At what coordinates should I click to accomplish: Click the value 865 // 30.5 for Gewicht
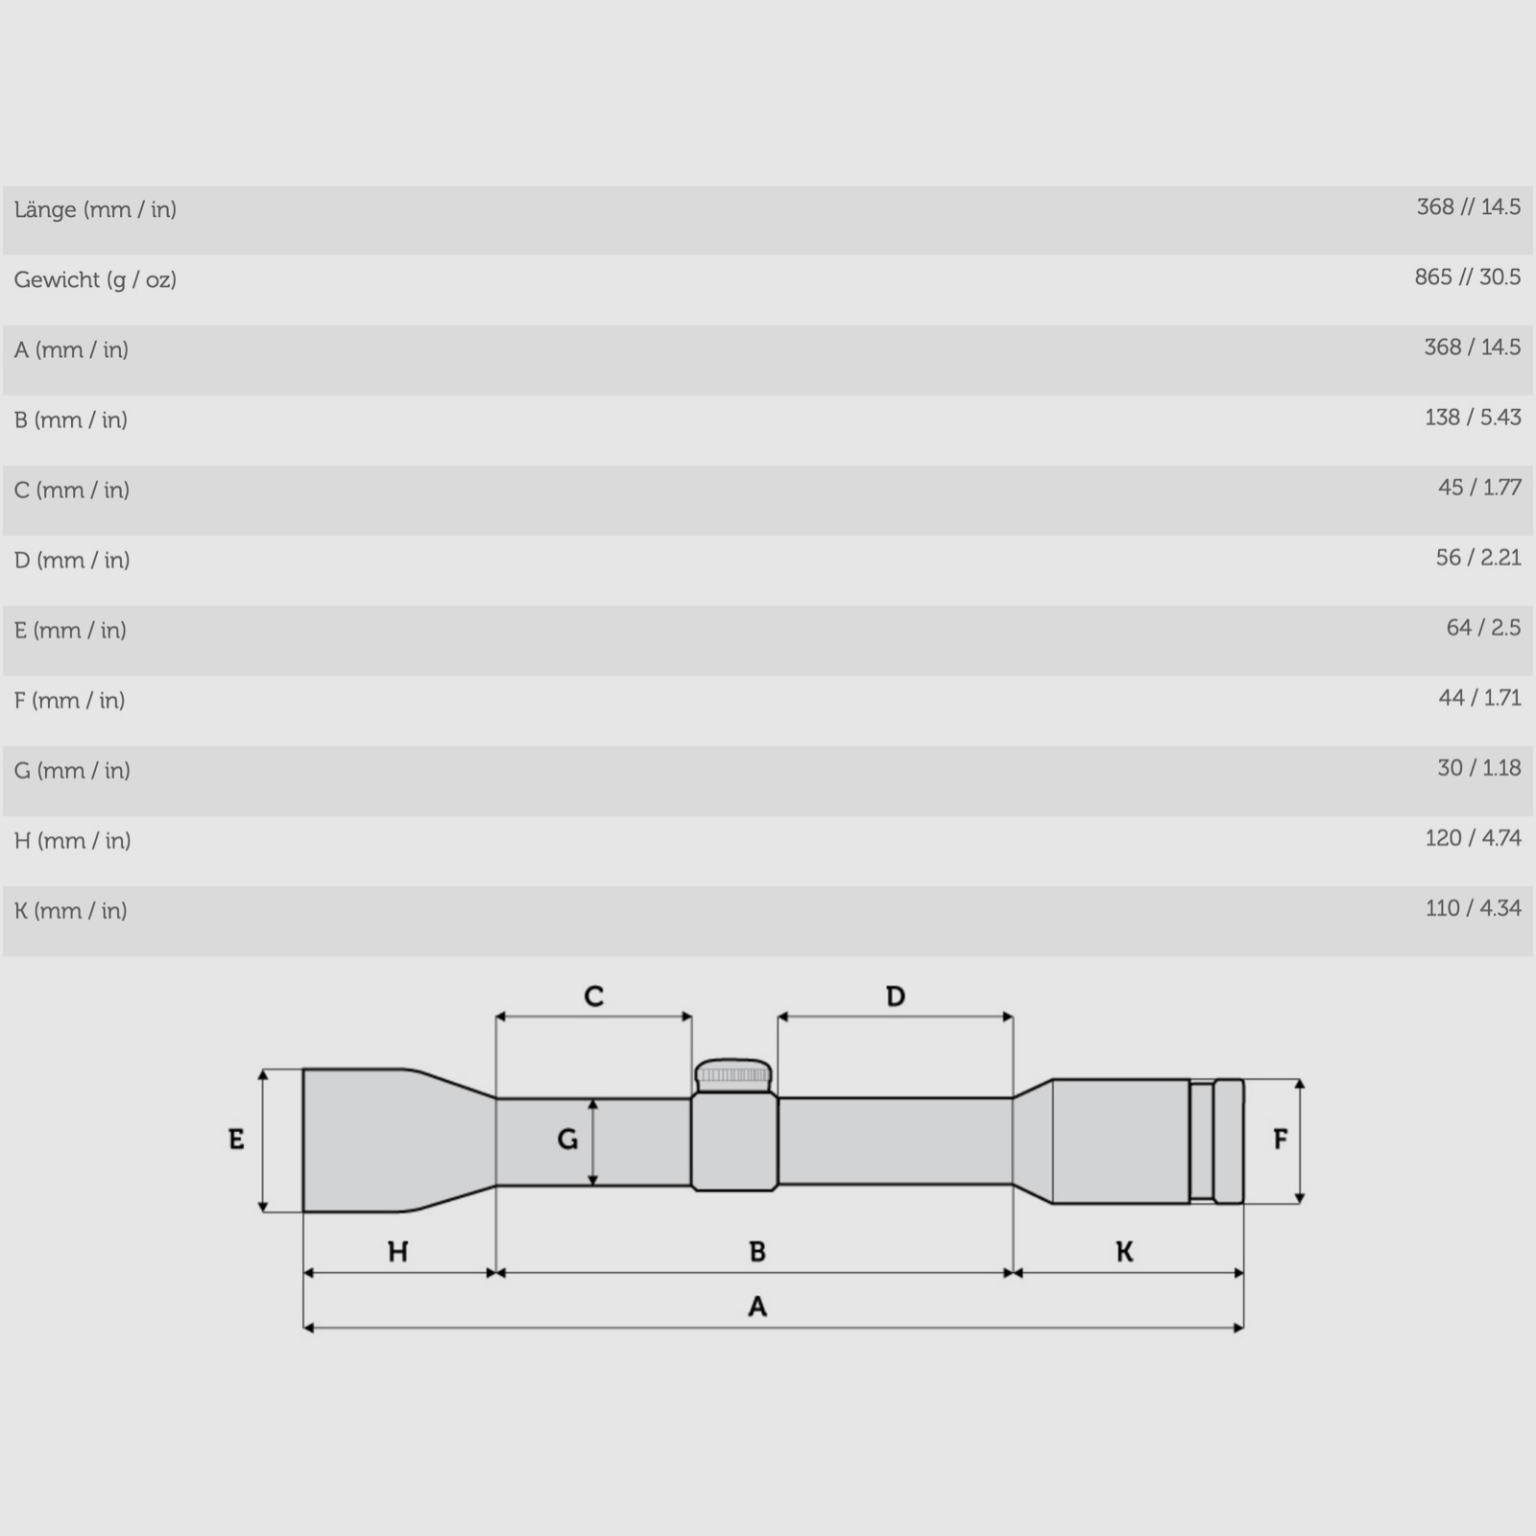click(1467, 277)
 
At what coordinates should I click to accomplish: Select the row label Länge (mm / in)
click(95, 209)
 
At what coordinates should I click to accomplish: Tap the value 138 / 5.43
click(1473, 418)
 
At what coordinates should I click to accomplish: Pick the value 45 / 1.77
click(1479, 488)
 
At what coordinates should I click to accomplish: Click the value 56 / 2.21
click(1478, 558)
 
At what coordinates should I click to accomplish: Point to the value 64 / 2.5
click(1483, 628)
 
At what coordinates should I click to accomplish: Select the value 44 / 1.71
click(1479, 698)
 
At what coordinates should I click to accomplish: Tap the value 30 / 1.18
click(1478, 768)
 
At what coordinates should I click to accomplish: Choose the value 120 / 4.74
click(1473, 838)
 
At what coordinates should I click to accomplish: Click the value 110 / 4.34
click(1473, 908)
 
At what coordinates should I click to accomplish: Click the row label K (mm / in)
click(71, 911)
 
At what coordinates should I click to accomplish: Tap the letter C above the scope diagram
click(594, 996)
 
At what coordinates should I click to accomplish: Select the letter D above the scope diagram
click(896, 996)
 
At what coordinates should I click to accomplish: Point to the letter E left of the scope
click(236, 1140)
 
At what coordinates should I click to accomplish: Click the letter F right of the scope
click(1280, 1140)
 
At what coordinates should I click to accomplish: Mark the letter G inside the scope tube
click(567, 1140)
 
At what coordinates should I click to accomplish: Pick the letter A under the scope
click(757, 1307)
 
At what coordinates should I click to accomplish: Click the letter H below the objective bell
click(397, 1252)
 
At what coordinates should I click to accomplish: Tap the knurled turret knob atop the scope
click(733, 1075)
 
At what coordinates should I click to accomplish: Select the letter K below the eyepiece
click(1124, 1252)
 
